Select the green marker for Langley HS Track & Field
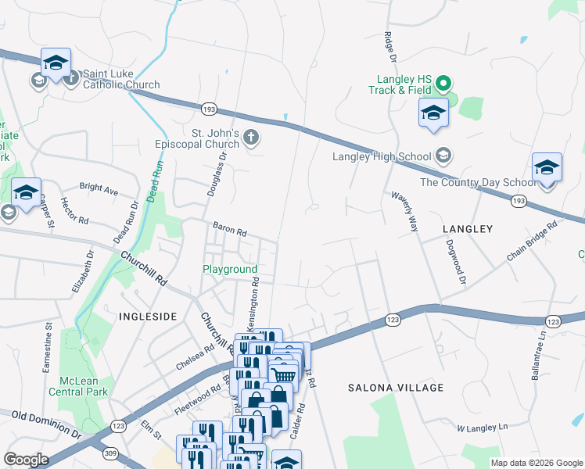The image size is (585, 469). click(x=443, y=83)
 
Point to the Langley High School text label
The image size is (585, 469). click(x=382, y=156)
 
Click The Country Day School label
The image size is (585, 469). click(x=478, y=182)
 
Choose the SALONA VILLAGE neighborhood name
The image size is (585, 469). click(x=396, y=388)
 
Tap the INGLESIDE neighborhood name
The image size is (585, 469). click(x=148, y=316)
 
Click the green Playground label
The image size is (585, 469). click(x=230, y=269)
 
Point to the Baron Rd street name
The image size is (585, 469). click(x=230, y=231)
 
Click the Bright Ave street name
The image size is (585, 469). click(x=99, y=189)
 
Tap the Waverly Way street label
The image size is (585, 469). click(x=404, y=210)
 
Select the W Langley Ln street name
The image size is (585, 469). click(x=483, y=428)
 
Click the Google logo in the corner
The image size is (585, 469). click(x=26, y=460)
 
